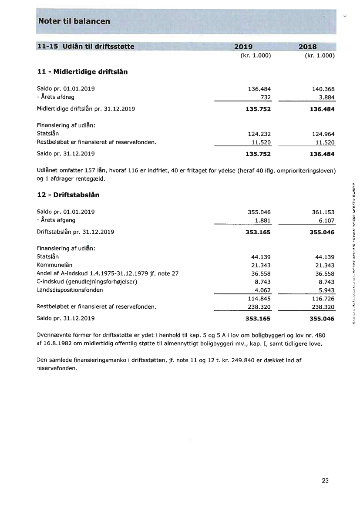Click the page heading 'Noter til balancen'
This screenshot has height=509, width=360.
74,21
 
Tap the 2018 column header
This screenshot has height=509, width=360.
307,47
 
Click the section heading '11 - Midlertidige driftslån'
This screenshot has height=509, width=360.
82,71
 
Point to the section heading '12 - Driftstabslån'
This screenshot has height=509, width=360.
68,195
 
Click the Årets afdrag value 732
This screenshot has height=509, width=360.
266,97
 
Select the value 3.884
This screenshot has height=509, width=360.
326,97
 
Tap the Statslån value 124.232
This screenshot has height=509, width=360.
259,134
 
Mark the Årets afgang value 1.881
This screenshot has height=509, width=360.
263,220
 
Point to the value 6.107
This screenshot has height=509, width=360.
326,220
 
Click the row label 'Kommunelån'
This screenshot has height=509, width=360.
54,265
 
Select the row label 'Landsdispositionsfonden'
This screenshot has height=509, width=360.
70,290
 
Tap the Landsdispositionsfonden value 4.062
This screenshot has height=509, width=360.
263,290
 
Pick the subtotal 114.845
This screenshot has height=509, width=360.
259,298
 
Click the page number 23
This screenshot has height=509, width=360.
325,481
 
